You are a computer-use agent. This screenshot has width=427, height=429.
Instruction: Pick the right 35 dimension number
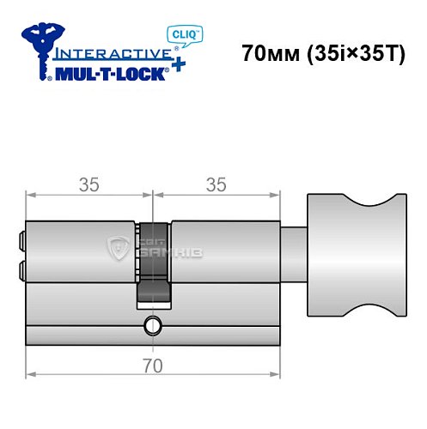tap(217, 184)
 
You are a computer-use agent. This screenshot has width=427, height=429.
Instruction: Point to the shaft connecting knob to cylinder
tap(293, 252)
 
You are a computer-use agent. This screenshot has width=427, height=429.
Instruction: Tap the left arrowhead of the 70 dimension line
tap(31, 375)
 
